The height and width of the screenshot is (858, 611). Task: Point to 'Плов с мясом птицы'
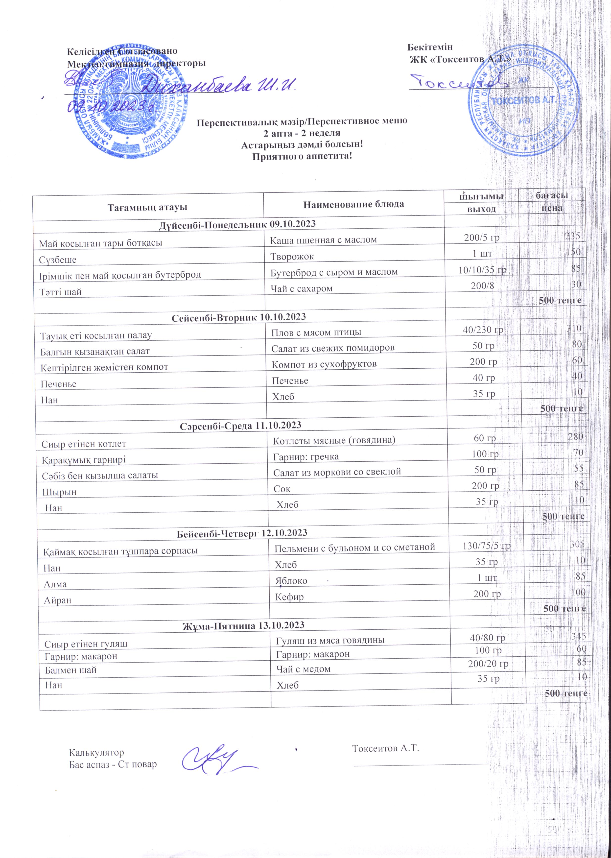click(x=316, y=332)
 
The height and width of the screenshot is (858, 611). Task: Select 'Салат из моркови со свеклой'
click(x=337, y=472)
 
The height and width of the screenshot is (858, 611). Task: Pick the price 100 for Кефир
click(x=578, y=592)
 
